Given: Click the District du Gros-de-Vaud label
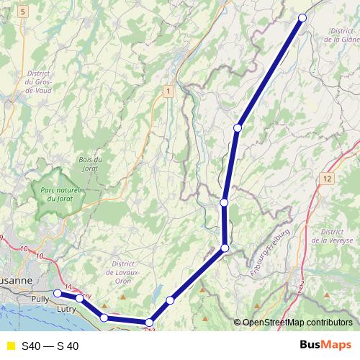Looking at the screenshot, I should (x=37, y=83).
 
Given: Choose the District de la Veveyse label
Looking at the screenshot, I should (x=336, y=237).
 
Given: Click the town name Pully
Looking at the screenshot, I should (x=40, y=298).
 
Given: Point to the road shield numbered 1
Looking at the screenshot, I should (x=168, y=91).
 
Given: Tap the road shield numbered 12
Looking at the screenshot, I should (x=328, y=178).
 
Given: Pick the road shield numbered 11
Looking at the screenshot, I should (x=68, y=288).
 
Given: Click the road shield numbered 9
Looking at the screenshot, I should (x=3, y=238).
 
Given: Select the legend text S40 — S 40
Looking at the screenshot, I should (x=50, y=346).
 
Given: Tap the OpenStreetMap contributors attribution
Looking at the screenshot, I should (x=296, y=323).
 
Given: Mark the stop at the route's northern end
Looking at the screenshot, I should (x=302, y=18).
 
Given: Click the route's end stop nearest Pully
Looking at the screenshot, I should (x=58, y=294).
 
